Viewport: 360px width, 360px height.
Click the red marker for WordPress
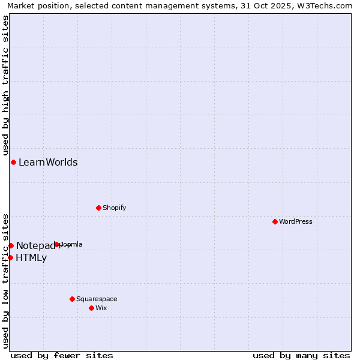(x=275, y=221)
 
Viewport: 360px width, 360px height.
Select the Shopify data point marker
(x=98, y=208)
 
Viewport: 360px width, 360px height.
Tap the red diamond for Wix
(x=91, y=308)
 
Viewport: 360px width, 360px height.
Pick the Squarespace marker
(x=72, y=299)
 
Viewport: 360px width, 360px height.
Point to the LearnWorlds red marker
(x=13, y=162)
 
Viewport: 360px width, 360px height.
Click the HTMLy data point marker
(x=10, y=257)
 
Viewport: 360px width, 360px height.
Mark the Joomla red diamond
(x=57, y=244)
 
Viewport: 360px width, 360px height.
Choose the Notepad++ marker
(x=11, y=245)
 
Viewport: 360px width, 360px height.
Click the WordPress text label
(x=296, y=221)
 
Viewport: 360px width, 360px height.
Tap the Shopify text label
(x=114, y=208)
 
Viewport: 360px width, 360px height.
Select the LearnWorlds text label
(x=48, y=162)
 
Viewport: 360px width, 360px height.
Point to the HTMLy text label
(x=31, y=258)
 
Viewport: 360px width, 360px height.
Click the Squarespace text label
(x=97, y=299)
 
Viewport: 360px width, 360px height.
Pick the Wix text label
(x=101, y=308)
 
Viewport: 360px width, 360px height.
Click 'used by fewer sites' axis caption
(x=62, y=355)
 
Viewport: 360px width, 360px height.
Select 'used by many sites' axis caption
(x=301, y=355)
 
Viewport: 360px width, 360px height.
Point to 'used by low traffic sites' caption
(x=5, y=281)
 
